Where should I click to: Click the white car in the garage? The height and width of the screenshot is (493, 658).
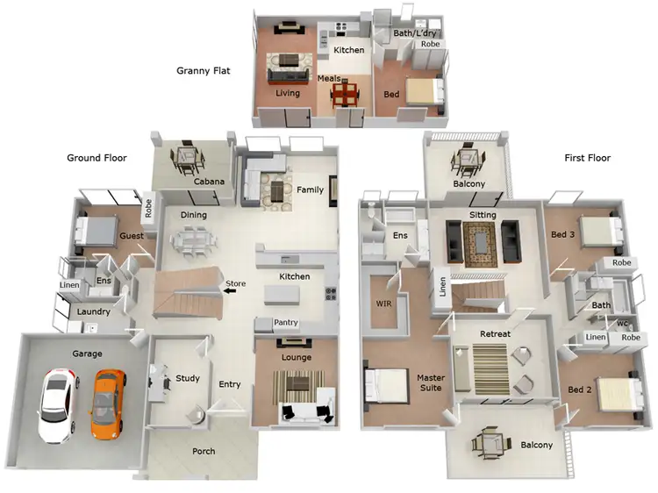tap(55, 405)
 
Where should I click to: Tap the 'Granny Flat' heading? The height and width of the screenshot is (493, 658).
tap(203, 71)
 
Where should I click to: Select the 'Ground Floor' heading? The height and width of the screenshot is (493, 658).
tap(97, 158)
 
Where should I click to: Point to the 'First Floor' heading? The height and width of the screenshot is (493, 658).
tap(587, 158)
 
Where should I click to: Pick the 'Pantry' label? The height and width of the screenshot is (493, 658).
tap(286, 323)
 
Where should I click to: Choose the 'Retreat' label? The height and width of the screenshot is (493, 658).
tap(495, 334)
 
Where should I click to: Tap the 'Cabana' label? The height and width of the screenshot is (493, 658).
tap(210, 182)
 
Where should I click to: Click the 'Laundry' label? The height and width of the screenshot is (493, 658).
tap(93, 311)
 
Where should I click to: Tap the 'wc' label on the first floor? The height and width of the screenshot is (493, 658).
tap(622, 322)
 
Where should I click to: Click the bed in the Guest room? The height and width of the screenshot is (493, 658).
tap(93, 230)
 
